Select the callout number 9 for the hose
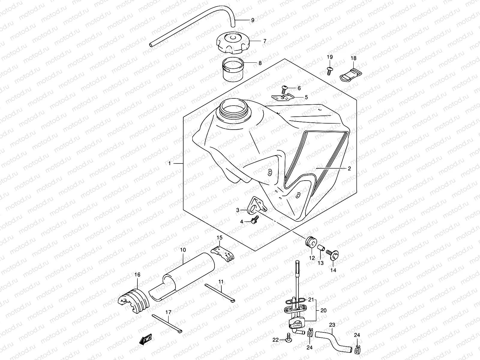[253, 20]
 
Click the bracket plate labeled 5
[282, 97]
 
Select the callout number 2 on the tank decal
[349, 169]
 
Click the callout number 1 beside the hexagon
[169, 163]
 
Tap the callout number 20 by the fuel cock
[323, 310]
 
